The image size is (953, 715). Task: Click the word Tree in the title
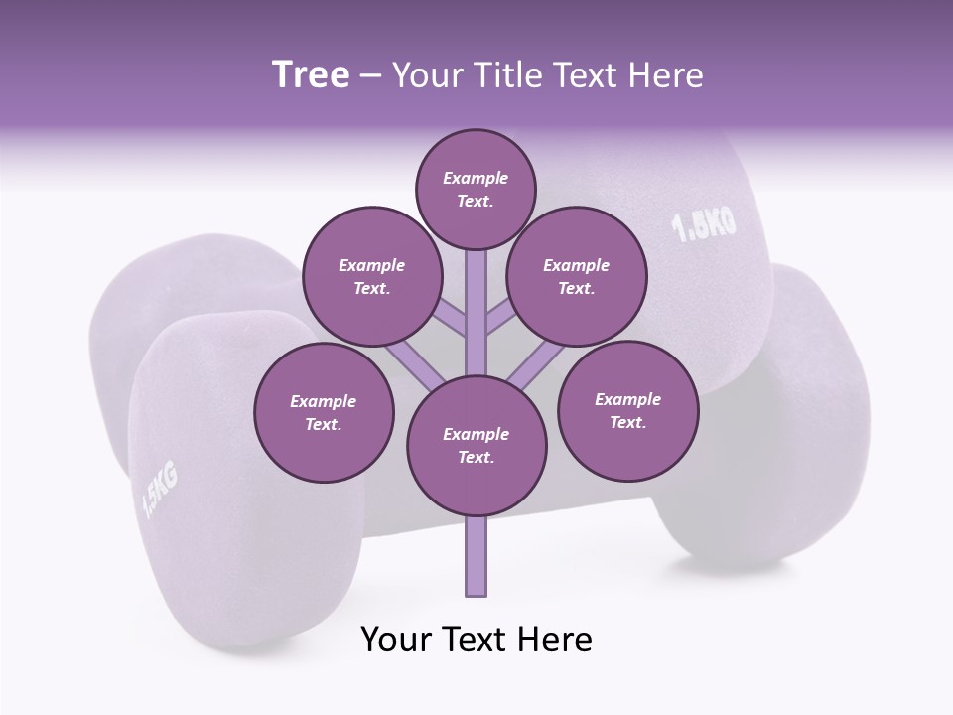pos(311,74)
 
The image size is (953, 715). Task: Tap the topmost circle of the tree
pos(476,189)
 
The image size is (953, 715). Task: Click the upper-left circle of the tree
pos(372,277)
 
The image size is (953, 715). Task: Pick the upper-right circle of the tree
pos(577,277)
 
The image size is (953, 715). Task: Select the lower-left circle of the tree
pos(324,413)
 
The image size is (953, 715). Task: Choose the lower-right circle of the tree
pos(628,410)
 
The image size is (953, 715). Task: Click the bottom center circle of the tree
pos(476,446)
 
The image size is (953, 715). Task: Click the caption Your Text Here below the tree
pos(476,640)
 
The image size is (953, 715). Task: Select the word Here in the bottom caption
pos(557,640)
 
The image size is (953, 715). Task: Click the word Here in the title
pos(669,75)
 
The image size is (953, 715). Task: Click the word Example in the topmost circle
pos(476,179)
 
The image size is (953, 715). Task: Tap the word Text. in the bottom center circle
pos(476,458)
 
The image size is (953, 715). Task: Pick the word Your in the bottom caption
pos(396,640)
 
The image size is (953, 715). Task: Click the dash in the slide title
pos(370,76)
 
